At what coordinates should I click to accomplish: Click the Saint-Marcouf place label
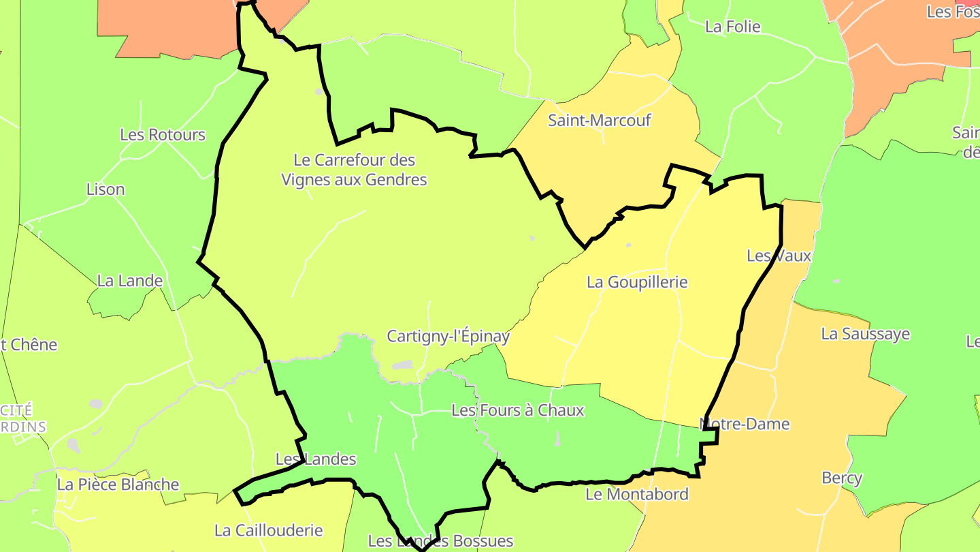tap(600, 121)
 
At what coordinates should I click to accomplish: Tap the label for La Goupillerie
tap(637, 281)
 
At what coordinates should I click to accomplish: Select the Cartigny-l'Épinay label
tap(448, 336)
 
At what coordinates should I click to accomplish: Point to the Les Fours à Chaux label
tap(518, 410)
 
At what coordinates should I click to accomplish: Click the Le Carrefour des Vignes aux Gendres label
tap(355, 170)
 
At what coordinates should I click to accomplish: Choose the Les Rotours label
tap(163, 134)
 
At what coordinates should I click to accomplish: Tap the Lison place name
tap(105, 189)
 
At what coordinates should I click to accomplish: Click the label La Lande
tap(130, 280)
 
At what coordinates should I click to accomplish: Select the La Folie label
tap(733, 27)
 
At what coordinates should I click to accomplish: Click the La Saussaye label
tap(866, 334)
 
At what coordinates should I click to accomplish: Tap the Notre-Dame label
tap(745, 424)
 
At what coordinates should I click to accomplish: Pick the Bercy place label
tap(842, 478)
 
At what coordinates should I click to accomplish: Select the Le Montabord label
tap(637, 494)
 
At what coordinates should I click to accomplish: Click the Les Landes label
tap(316, 459)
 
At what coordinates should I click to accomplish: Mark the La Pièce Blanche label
tap(118, 485)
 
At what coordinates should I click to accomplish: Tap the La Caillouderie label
tap(268, 530)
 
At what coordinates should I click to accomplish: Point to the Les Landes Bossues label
tap(440, 541)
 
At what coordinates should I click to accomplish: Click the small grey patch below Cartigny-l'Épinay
tap(403, 365)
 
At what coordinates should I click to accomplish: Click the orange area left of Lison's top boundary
tap(170, 27)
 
